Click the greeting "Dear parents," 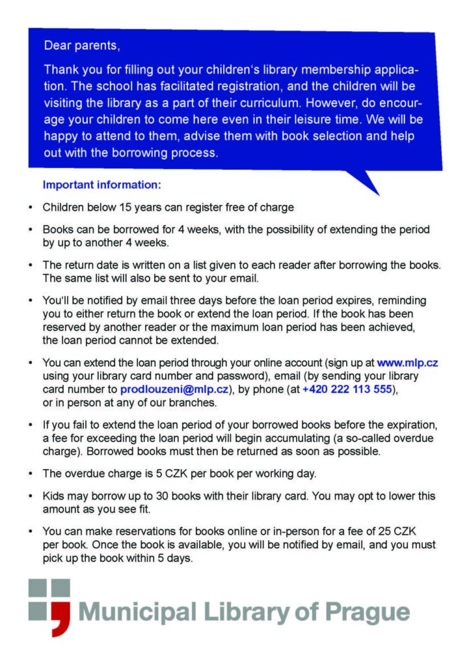[82, 46]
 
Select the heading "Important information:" [101, 185]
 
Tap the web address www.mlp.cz [407, 362]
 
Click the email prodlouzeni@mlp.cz [174, 389]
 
